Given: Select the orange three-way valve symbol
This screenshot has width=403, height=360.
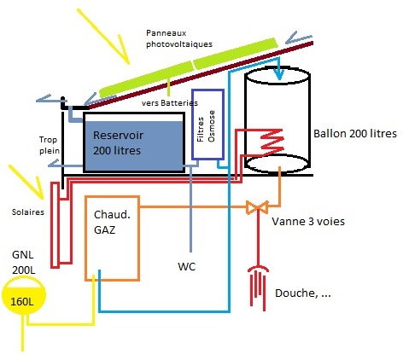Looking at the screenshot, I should tap(255, 207).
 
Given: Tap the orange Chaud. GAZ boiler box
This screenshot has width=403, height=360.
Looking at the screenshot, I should tap(114, 238).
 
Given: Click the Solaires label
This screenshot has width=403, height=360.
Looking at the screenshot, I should tap(22, 212).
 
